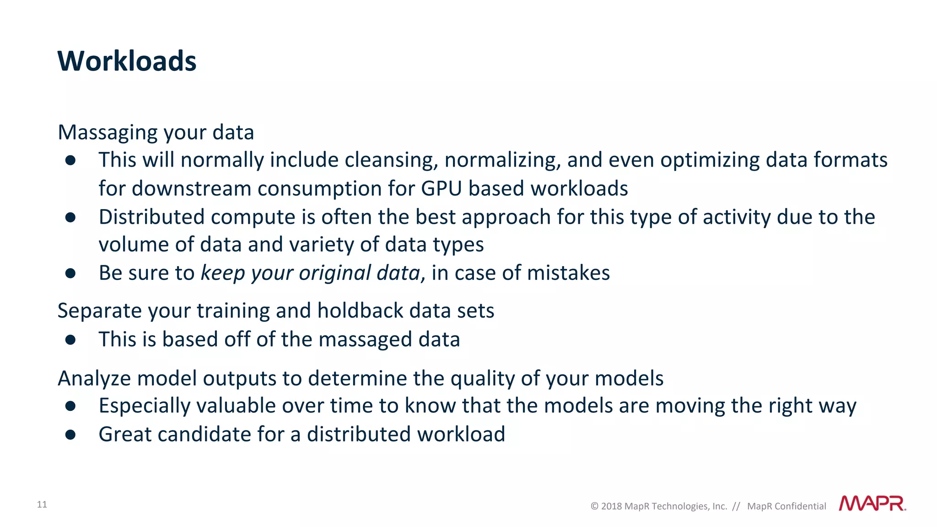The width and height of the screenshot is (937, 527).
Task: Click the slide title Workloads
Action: point(127,61)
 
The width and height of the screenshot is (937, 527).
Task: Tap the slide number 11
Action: point(42,505)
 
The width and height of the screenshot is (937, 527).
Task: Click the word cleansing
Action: point(391,160)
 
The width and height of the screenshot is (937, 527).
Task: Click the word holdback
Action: point(360,311)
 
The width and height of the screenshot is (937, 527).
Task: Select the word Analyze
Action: point(94,378)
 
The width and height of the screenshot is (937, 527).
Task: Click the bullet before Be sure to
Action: point(70,274)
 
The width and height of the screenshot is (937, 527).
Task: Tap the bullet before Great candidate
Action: point(70,435)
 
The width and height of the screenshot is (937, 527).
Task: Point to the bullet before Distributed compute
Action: point(70,217)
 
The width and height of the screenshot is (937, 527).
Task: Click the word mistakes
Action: point(568,273)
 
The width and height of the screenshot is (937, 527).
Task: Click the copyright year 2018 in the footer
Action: point(611,506)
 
